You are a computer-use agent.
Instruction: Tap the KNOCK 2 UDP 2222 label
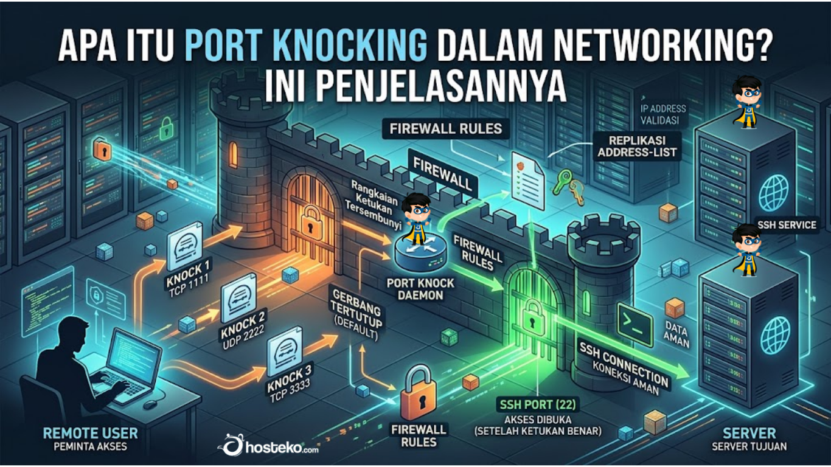243,331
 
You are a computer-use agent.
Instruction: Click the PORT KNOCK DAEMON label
420,289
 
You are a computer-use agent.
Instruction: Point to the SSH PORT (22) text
538,404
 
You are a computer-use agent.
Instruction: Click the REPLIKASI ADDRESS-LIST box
637,146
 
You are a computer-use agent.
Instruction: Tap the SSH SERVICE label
787,225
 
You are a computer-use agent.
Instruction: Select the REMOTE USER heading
90,433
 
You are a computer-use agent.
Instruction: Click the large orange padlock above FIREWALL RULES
419,392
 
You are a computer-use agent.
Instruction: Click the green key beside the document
563,181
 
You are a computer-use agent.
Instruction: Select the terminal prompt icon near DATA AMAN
635,324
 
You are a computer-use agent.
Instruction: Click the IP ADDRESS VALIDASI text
663,114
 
